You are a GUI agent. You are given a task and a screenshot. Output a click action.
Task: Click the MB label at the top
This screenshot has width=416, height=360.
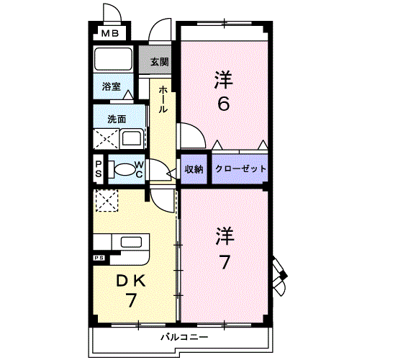[x=110, y=33]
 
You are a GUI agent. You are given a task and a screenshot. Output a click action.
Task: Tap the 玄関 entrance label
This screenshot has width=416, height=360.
[x=159, y=62]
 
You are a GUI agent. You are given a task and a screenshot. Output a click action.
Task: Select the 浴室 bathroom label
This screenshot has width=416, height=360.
[x=111, y=86]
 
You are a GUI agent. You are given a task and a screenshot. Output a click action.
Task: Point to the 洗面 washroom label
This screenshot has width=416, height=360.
[x=117, y=119]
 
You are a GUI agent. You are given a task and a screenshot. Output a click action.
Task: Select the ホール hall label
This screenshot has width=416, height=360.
[x=163, y=99]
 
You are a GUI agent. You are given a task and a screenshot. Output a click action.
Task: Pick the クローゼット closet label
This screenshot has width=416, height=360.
[x=240, y=168]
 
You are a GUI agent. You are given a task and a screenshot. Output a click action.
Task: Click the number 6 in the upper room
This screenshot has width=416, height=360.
[x=224, y=104]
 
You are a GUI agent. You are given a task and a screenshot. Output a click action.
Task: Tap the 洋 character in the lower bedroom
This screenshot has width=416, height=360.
[x=225, y=235]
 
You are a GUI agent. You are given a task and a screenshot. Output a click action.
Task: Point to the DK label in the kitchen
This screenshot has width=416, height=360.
[x=132, y=281]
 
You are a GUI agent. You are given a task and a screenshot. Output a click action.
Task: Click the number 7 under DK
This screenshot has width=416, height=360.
[x=132, y=300]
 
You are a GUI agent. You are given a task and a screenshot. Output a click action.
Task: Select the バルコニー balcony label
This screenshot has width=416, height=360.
[x=184, y=337]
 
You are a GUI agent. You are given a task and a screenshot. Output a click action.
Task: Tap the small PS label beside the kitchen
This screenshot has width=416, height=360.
[x=98, y=257]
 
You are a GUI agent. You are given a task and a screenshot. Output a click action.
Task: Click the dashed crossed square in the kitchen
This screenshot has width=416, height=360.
[x=107, y=200]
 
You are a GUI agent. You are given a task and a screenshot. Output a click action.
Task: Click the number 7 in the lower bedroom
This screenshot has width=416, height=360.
[x=225, y=261]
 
